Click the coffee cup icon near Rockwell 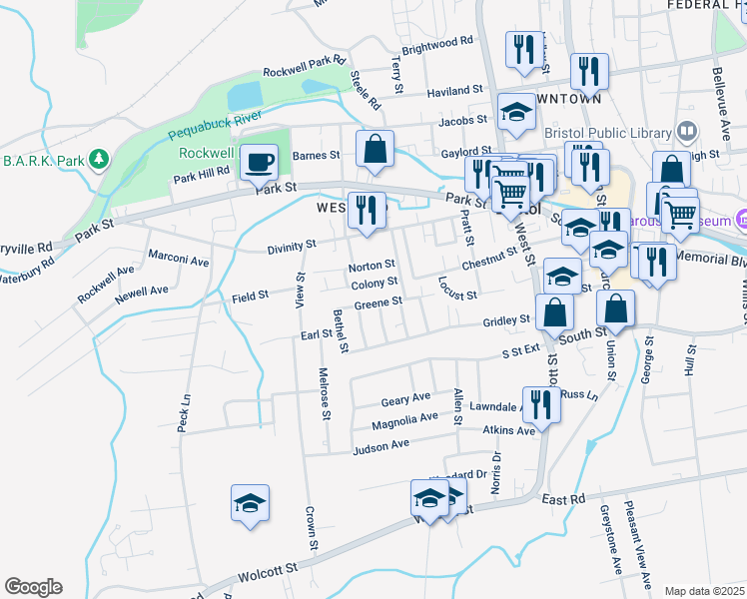click(260, 162)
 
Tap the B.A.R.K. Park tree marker click(99, 159)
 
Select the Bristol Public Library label click(608, 131)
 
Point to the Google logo click(33, 587)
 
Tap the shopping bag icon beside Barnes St click(373, 150)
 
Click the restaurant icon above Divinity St click(367, 210)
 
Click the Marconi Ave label click(179, 262)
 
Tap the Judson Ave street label click(380, 446)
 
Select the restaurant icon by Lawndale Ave click(540, 404)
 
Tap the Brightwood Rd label click(436, 45)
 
